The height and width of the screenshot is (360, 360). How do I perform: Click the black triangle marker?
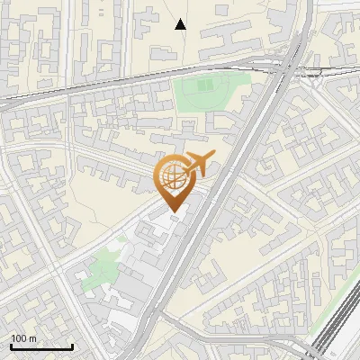181,24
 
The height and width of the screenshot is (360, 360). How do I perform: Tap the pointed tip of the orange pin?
172,212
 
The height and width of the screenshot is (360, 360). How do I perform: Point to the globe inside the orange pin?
172,179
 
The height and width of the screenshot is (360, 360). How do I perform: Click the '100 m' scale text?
23,338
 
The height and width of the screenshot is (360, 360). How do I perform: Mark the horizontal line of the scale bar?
41,346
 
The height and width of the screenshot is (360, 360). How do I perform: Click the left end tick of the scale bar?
11,345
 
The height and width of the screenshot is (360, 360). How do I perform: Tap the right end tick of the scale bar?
72,345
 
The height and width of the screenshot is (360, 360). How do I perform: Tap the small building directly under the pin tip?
174,219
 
